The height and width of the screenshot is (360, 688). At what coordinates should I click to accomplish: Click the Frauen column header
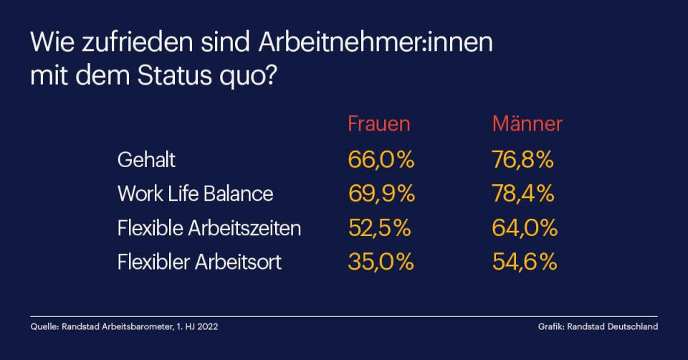(x=379, y=123)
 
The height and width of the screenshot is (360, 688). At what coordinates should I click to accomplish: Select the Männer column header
(x=527, y=123)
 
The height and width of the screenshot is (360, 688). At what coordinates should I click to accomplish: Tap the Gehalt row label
(x=146, y=159)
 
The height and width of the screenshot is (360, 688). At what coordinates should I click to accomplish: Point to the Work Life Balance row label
(x=195, y=194)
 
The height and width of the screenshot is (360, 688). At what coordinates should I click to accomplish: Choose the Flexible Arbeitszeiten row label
(x=209, y=228)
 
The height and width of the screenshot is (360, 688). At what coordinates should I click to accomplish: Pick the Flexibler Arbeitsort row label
(x=199, y=262)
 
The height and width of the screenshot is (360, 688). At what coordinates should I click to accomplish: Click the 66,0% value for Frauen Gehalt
(x=381, y=159)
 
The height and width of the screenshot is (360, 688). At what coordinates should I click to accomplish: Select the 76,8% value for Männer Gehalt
(x=523, y=159)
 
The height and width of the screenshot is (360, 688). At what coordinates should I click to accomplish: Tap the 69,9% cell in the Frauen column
(x=381, y=194)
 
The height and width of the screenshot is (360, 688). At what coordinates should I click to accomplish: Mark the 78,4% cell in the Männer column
(x=523, y=194)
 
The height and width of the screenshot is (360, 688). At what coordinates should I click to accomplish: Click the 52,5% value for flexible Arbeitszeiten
(x=379, y=228)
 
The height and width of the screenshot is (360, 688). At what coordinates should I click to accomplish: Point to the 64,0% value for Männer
(x=525, y=228)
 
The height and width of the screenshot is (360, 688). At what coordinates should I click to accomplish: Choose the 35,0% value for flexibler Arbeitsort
(x=381, y=262)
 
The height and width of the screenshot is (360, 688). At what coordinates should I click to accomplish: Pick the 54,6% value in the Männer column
(x=525, y=262)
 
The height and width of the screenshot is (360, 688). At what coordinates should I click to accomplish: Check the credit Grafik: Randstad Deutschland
(x=598, y=327)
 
